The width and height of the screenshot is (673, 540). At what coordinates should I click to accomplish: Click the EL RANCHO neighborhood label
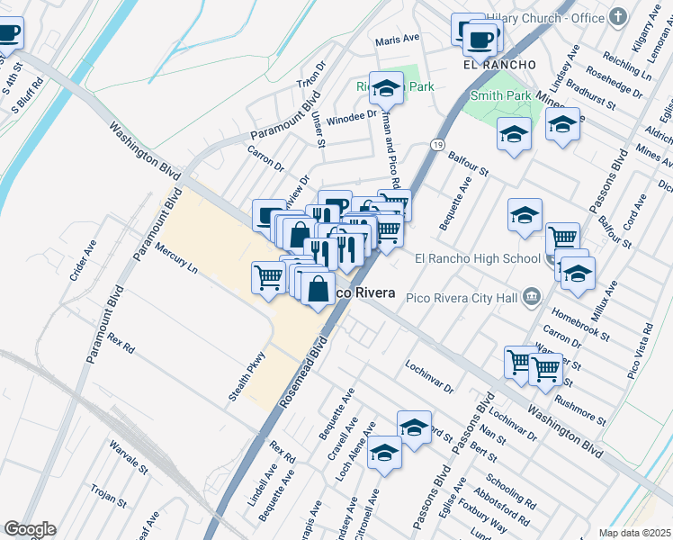pyautogui.click(x=499, y=65)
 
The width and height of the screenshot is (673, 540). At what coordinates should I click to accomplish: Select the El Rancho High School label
pyautogui.click(x=477, y=259)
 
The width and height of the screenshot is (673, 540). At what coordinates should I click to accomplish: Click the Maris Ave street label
pyautogui.click(x=398, y=40)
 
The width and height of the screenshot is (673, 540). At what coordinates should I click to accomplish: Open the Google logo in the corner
pyautogui.click(x=30, y=529)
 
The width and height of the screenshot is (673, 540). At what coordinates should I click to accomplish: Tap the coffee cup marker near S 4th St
pyautogui.click(x=8, y=34)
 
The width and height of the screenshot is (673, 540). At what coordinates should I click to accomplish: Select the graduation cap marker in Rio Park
pyautogui.click(x=387, y=89)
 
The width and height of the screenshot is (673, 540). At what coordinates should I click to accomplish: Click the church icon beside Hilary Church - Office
pyautogui.click(x=618, y=17)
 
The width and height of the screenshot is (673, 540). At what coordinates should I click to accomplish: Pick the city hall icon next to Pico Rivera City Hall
pyautogui.click(x=533, y=295)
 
